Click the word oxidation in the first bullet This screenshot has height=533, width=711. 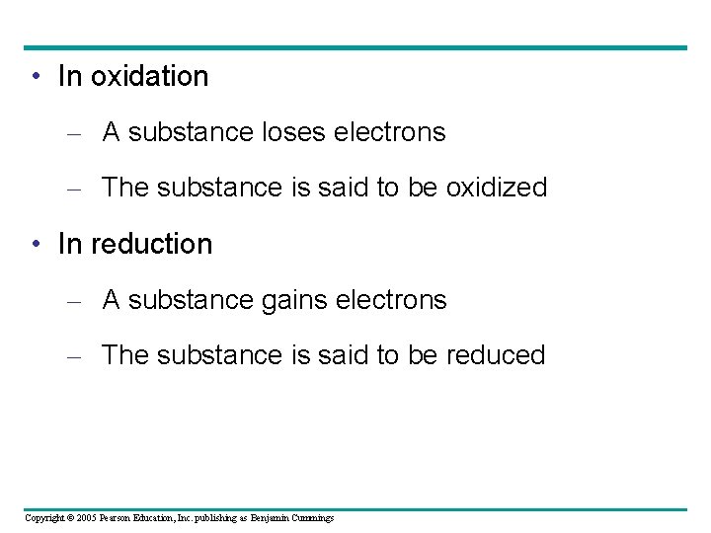click(149, 76)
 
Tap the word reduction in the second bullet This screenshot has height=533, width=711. click(151, 244)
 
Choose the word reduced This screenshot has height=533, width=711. click(496, 355)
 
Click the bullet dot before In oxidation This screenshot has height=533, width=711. click(36, 77)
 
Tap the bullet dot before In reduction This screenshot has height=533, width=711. click(36, 245)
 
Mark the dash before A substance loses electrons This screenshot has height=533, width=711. click(73, 133)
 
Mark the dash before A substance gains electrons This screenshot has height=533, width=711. click(73, 301)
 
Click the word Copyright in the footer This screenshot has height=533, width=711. click(42, 518)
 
